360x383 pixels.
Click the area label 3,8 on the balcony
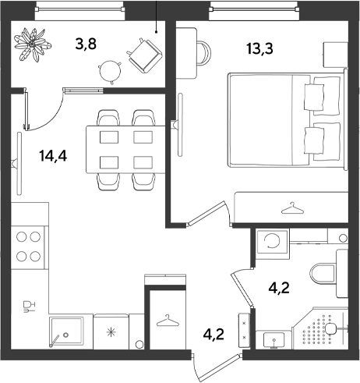pyautogui.click(x=86, y=44)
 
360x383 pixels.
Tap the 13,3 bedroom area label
pyautogui.click(x=260, y=48)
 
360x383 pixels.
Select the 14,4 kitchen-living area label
pyautogui.click(x=53, y=156)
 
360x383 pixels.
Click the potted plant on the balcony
pyautogui.click(x=33, y=44)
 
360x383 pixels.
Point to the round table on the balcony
pyautogui.click(x=111, y=72)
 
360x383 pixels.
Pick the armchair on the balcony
pyautogui.click(x=145, y=55)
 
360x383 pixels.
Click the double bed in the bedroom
pyautogui.click(x=288, y=120)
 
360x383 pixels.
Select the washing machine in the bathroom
pyautogui.click(x=272, y=242)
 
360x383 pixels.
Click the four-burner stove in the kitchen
pyautogui.click(x=28, y=247)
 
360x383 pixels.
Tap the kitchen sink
pyautogui.click(x=66, y=332)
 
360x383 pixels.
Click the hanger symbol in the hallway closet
pyautogui.click(x=168, y=321)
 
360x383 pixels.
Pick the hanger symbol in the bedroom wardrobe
pyautogui.click(x=292, y=208)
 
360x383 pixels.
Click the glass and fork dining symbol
pyautogui.click(x=29, y=307)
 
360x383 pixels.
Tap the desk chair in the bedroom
pyautogui.click(x=204, y=53)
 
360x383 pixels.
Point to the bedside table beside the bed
pyautogui.click(x=336, y=55)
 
